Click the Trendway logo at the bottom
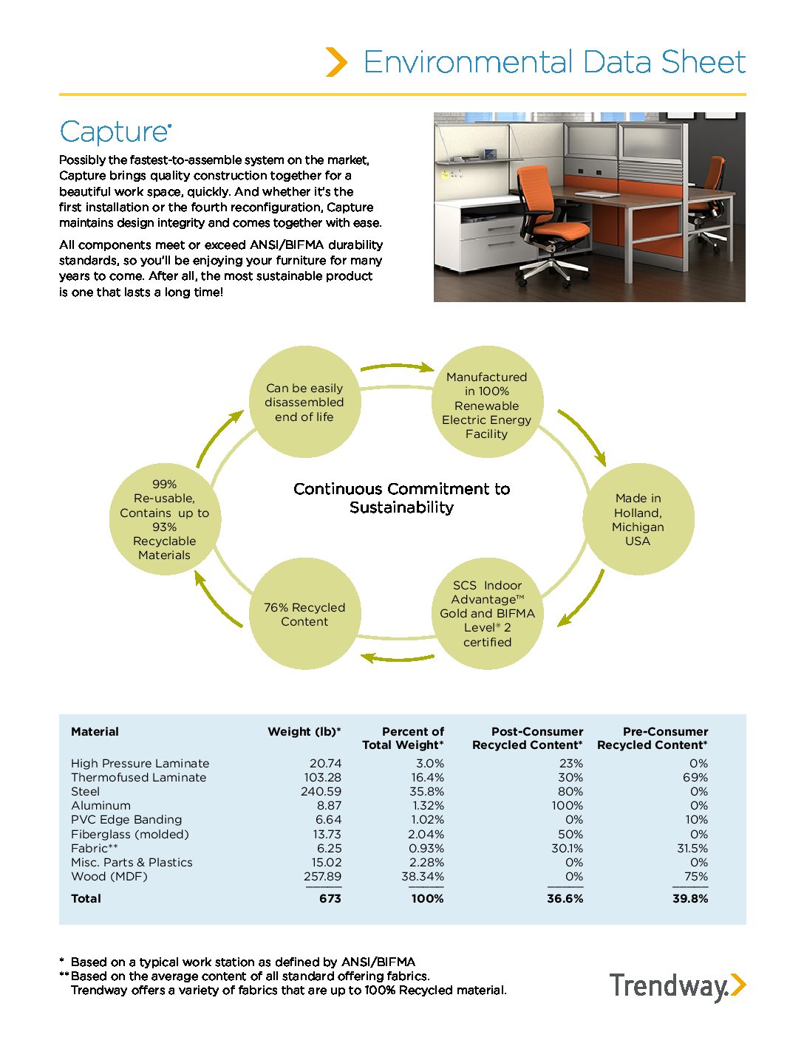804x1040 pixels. (x=677, y=986)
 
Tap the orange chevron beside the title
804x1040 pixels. (x=336, y=62)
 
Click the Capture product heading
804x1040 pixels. (x=115, y=132)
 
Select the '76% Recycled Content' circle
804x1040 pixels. (x=304, y=614)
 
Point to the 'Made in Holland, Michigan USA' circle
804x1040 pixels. (x=638, y=519)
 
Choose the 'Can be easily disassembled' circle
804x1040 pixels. (x=304, y=403)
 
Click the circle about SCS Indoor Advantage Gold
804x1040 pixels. (x=487, y=613)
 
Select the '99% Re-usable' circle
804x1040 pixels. (x=164, y=519)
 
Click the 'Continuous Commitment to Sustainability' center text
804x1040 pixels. (x=401, y=498)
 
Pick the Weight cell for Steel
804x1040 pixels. (x=321, y=791)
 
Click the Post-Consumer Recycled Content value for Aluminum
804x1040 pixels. (x=567, y=805)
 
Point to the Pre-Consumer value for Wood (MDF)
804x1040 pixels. (x=695, y=876)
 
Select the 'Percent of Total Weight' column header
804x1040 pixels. (x=403, y=738)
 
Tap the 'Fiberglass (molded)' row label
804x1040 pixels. (x=130, y=834)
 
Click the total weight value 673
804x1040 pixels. (x=330, y=898)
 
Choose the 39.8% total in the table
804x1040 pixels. (x=690, y=898)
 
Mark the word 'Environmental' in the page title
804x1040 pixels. (x=469, y=62)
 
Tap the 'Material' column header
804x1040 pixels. (x=95, y=731)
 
